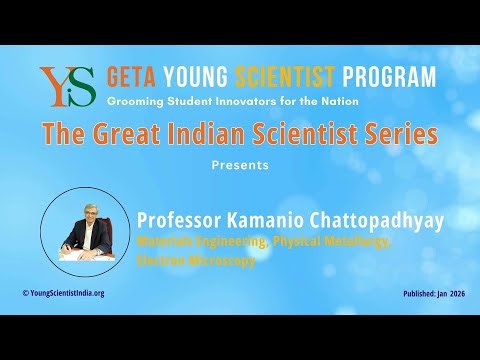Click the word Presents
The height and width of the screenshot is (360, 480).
tap(240, 165)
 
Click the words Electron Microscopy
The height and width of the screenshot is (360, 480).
tap(195, 260)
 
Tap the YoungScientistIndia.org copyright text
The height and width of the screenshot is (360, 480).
tap(64, 293)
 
